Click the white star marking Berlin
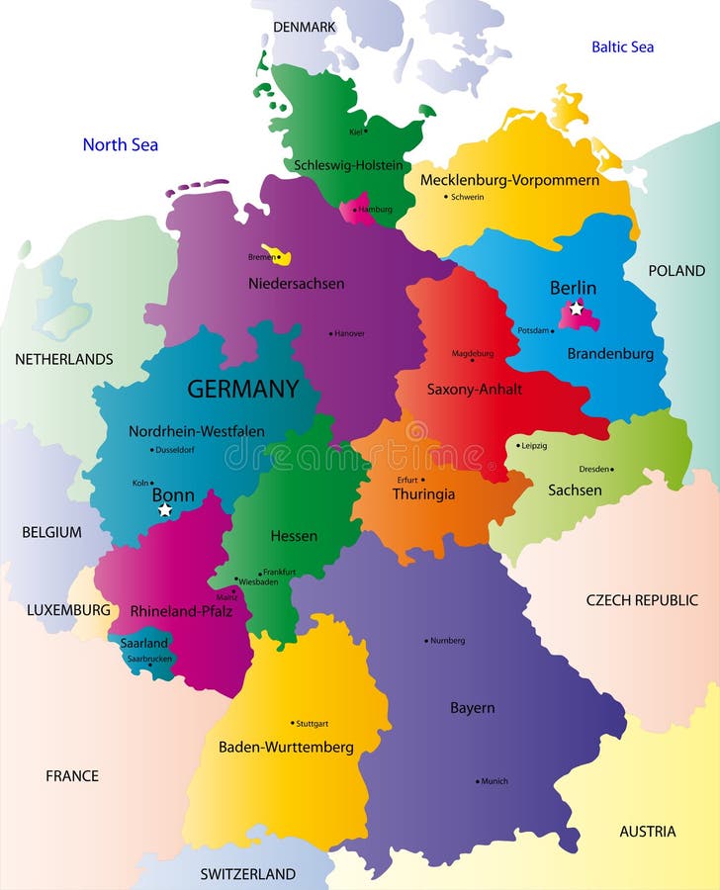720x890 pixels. click(576, 309)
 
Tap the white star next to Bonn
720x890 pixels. click(165, 510)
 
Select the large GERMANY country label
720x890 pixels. click(242, 389)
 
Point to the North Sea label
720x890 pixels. click(120, 144)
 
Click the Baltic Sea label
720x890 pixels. click(622, 46)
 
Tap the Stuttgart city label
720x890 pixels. click(313, 723)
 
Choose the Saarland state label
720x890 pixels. click(143, 643)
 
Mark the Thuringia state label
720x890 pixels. click(423, 493)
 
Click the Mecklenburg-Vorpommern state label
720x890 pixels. click(509, 180)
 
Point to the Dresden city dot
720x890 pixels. click(612, 469)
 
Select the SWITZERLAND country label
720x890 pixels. click(247, 873)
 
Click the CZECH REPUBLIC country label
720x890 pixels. click(642, 599)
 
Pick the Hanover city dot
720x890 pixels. click(330, 333)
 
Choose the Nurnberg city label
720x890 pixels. click(448, 640)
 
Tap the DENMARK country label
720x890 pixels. click(305, 27)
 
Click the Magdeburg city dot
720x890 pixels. click(472, 360)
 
